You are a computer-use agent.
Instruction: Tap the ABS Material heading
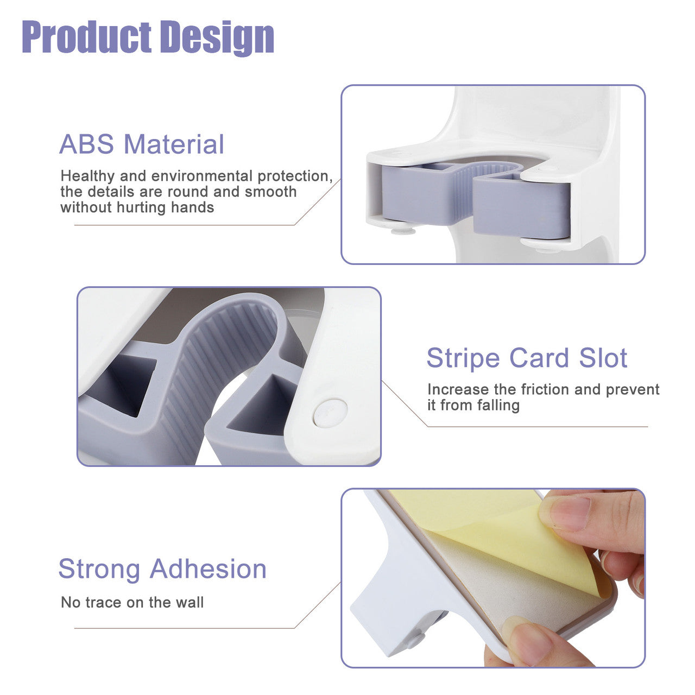tap(141, 144)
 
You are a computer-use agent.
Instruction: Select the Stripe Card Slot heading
tap(527, 358)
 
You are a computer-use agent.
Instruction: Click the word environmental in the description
tap(201, 176)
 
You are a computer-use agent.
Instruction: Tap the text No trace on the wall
tap(132, 602)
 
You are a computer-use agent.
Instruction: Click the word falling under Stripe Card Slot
tap(498, 406)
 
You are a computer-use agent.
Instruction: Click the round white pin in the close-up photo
tap(330, 412)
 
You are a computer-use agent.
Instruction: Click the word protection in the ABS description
tap(295, 176)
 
